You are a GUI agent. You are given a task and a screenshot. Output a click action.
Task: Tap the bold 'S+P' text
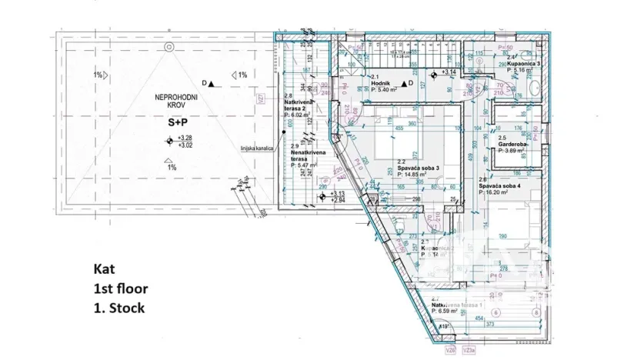click(157, 122)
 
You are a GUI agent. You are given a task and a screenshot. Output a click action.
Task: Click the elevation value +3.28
click(185, 138)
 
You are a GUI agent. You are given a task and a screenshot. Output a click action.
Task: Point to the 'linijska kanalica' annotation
click(258, 148)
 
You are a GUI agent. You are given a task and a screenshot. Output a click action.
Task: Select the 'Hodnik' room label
click(381, 83)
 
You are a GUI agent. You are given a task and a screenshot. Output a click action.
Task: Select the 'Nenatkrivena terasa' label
click(309, 157)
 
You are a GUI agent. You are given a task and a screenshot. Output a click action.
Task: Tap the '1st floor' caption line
click(119, 289)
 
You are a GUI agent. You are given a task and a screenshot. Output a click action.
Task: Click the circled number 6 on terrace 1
click(516, 312)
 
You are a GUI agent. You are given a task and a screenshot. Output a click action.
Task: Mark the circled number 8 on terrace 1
click(536, 312)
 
